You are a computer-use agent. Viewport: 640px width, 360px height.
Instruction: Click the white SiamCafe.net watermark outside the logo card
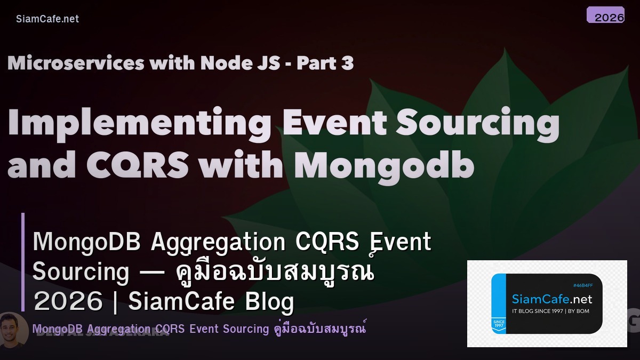pos(47,19)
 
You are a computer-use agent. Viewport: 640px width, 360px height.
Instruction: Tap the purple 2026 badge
pos(605,15)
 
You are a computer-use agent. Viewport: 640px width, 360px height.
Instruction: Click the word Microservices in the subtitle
pos(76,63)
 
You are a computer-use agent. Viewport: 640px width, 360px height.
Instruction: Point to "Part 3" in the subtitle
pos(325,63)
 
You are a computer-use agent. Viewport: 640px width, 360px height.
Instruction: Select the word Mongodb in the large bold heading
pos(384,165)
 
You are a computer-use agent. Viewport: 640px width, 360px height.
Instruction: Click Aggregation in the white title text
pos(218,243)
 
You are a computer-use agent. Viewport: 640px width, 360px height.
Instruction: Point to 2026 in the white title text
pos(68,302)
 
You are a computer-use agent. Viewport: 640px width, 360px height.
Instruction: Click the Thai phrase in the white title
pos(275,272)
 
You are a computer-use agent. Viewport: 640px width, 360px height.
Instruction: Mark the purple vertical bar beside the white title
pos(23,262)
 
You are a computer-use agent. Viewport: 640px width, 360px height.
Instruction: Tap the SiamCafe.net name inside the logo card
pos(551,299)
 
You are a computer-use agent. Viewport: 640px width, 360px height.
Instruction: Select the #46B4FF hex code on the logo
pos(582,285)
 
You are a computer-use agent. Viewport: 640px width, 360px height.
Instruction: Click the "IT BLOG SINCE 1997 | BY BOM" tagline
pos(550,311)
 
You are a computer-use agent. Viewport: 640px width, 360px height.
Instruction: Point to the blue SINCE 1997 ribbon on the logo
pos(499,324)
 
